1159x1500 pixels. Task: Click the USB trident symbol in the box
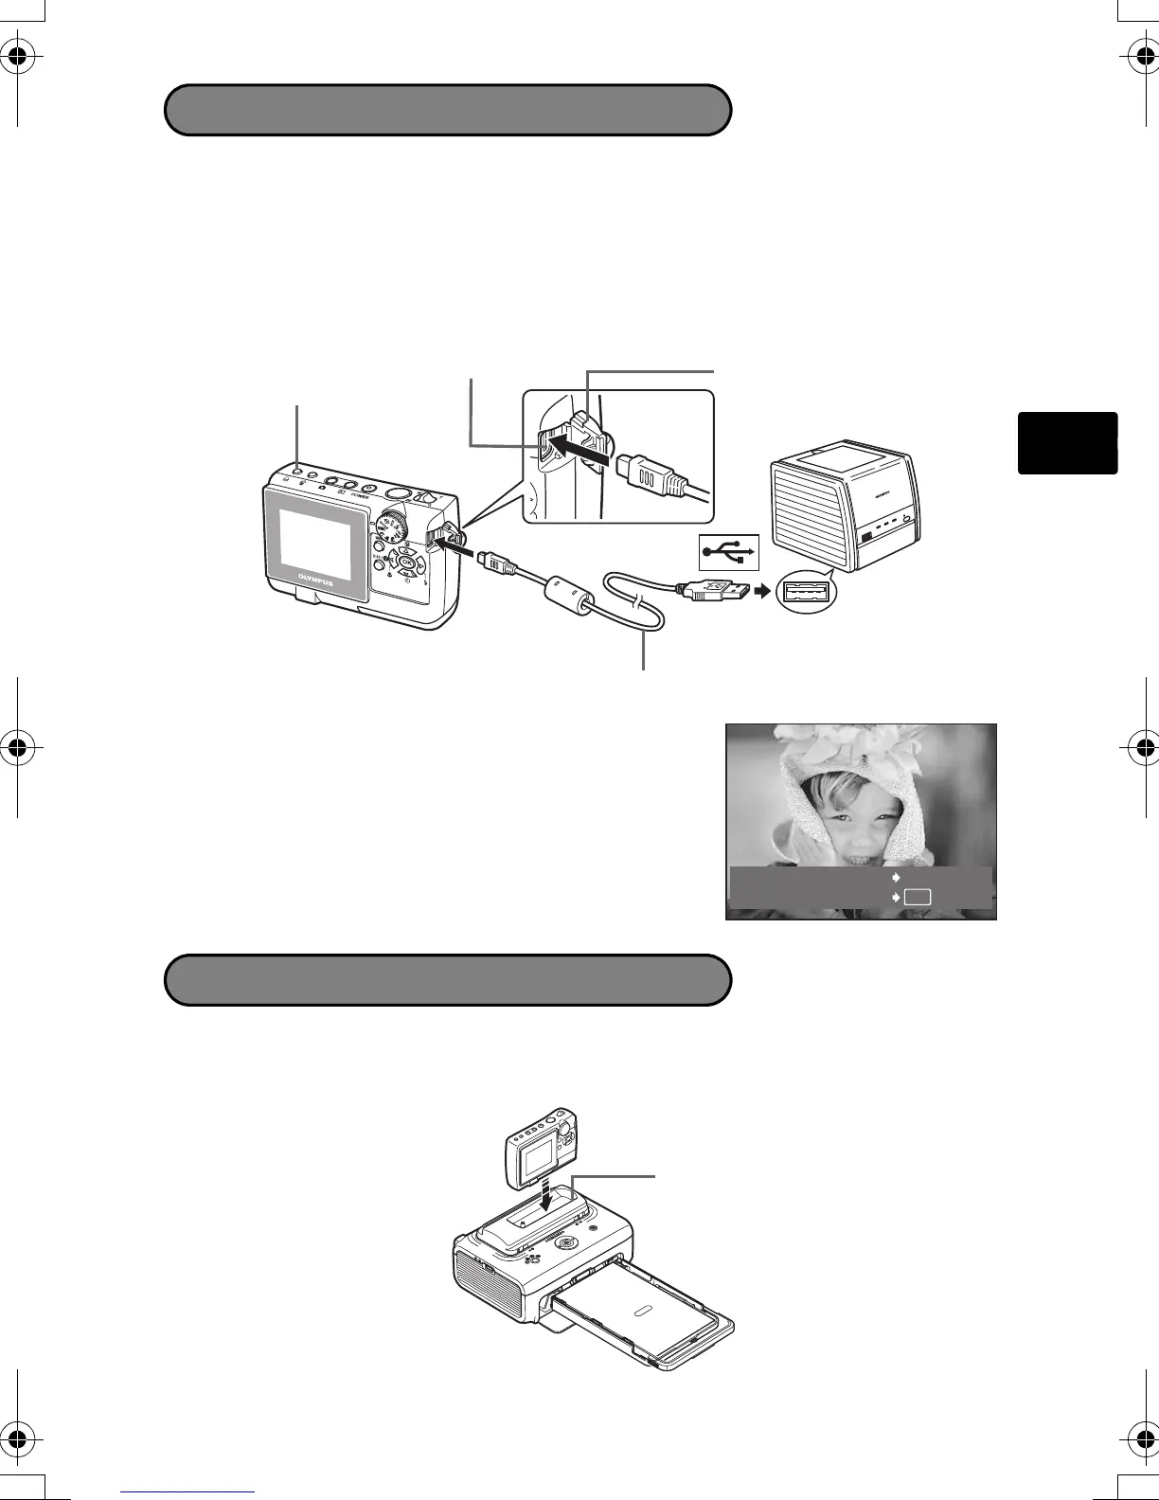(x=729, y=551)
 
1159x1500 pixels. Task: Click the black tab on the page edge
(x=1067, y=442)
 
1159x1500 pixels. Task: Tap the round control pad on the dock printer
(x=566, y=1242)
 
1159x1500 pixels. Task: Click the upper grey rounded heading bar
(x=448, y=110)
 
